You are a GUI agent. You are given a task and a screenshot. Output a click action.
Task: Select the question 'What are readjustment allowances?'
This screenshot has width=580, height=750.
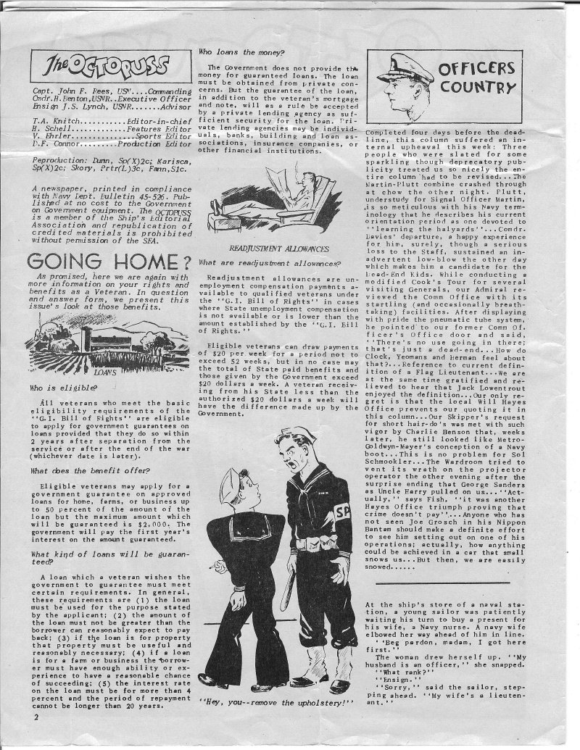[x=262, y=262]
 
